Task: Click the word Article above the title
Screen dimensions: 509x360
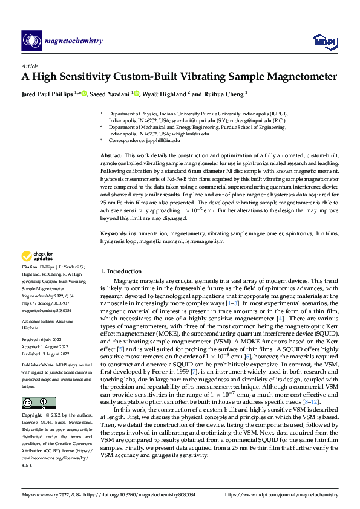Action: point(30,65)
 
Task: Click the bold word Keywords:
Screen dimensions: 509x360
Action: point(113,232)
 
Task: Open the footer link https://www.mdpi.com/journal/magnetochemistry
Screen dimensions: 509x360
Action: point(281,494)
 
